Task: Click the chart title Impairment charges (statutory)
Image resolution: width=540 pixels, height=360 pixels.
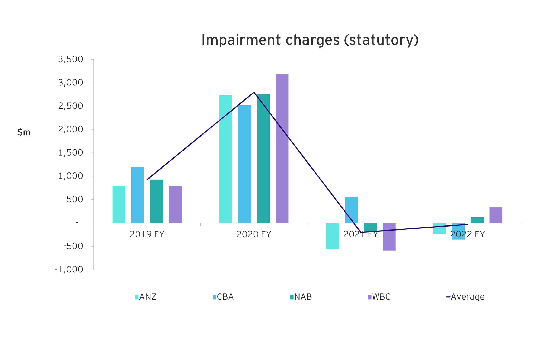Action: [310, 40]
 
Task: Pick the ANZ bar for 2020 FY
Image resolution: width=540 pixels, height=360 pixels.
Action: [226, 159]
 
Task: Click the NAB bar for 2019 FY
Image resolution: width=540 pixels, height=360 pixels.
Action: [156, 201]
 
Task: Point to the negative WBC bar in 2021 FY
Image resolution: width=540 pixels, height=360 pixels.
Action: [389, 237]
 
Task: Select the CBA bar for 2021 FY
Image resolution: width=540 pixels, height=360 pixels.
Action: [351, 210]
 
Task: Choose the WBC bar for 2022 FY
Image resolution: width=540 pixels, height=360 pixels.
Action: [496, 215]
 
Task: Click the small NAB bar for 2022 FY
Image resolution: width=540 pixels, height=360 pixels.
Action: [477, 220]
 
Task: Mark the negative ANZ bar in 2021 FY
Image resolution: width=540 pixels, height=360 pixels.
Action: [332, 236]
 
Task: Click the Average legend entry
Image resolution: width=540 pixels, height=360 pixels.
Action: [465, 297]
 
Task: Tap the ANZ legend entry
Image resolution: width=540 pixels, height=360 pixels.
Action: [146, 297]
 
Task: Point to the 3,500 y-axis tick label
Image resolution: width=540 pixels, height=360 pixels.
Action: [70, 60]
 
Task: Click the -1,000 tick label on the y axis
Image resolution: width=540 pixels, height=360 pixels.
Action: [69, 270]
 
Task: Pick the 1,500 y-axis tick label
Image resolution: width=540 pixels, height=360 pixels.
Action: [70, 153]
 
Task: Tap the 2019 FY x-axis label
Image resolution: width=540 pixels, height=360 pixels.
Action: [147, 234]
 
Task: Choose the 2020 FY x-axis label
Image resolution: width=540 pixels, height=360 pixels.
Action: [254, 234]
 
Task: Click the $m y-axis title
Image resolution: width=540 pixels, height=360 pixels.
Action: [24, 132]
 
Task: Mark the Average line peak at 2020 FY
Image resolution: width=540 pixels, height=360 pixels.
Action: [254, 92]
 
